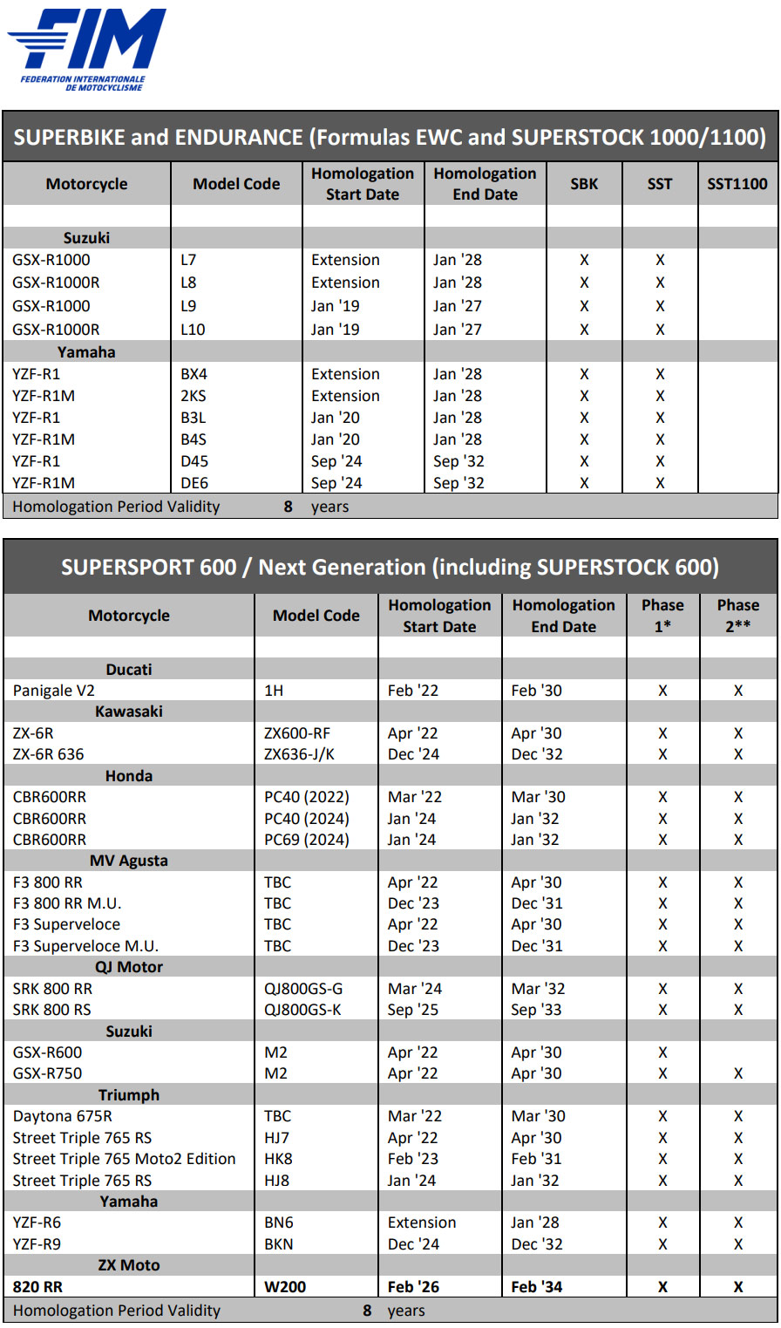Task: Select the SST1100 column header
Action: point(737,184)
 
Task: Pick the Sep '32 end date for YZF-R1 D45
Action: point(458,461)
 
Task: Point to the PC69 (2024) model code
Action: point(307,840)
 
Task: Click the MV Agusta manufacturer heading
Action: point(129,861)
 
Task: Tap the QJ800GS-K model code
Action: point(303,1010)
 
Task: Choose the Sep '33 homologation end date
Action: point(537,1010)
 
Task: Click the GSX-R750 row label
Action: point(48,1073)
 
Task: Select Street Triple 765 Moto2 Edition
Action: point(125,1159)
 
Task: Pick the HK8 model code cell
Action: point(277,1159)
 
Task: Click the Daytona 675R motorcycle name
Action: point(63,1116)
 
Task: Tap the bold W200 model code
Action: point(285,1287)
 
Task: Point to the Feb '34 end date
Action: point(537,1287)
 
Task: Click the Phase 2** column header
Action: point(738,616)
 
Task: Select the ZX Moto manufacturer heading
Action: point(129,1265)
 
